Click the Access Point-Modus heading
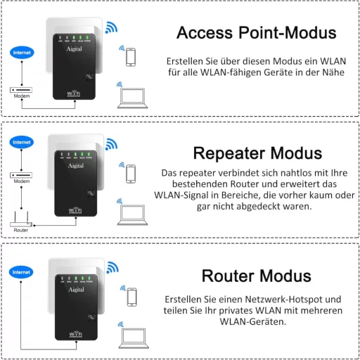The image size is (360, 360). click(x=255, y=32)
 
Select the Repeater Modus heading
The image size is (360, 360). click(x=257, y=153)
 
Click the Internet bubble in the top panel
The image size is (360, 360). click(x=21, y=53)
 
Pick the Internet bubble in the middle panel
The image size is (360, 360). click(x=21, y=142)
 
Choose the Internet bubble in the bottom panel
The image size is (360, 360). click(x=21, y=271)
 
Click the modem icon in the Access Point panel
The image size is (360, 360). click(x=22, y=89)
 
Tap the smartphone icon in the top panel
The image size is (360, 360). click(x=131, y=58)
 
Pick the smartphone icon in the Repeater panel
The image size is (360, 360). click(x=131, y=173)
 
